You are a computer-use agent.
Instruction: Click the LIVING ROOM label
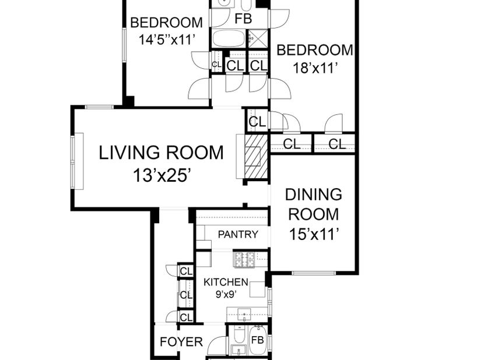[161, 153]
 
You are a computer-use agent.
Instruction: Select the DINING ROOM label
[314, 204]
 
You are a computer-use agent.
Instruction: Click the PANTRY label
[238, 234]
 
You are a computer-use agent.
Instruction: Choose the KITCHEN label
[226, 282]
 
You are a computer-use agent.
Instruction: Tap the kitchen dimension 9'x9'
[226, 295]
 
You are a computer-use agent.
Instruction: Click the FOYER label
[181, 341]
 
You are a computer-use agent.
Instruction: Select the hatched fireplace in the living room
[256, 156]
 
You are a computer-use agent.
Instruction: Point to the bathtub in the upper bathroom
[229, 38]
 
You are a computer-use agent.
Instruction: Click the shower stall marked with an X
[258, 38]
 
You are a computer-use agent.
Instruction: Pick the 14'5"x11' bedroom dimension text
[167, 39]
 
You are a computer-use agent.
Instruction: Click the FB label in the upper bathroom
[243, 19]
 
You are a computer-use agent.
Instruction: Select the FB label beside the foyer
[257, 340]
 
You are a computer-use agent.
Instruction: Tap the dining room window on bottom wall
[314, 273]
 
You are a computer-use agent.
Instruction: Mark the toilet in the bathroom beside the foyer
[239, 335]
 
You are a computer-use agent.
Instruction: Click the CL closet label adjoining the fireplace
[257, 122]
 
